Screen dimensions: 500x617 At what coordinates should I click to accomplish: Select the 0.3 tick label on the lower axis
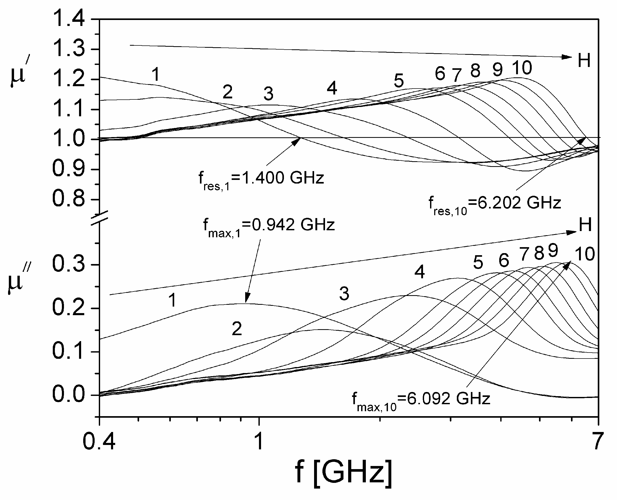[69, 264]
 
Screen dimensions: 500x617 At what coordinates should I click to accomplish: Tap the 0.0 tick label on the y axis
[69, 395]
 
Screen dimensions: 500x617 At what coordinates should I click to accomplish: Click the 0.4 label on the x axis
[99, 441]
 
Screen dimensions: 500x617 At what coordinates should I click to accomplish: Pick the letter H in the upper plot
[584, 61]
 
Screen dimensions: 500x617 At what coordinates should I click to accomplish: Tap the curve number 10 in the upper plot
[522, 68]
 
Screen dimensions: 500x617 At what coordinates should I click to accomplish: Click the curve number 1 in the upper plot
[155, 74]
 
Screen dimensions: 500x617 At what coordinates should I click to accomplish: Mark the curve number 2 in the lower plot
[237, 329]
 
